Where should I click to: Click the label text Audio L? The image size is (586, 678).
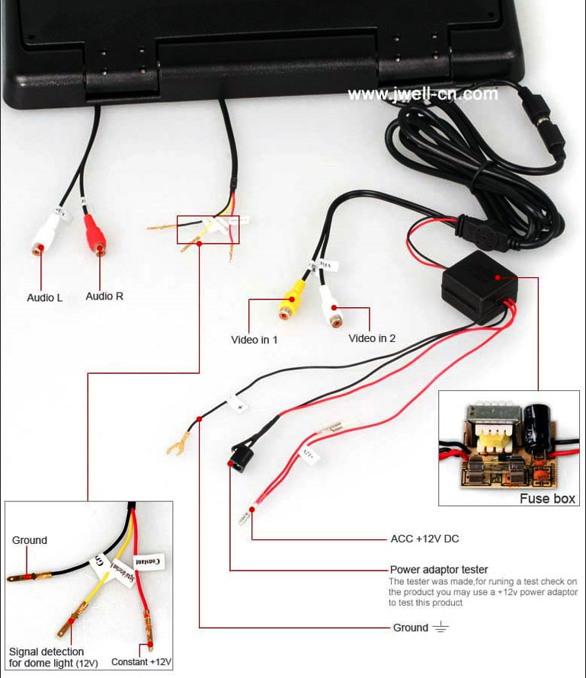point(45,298)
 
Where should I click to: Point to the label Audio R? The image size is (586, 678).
point(104,296)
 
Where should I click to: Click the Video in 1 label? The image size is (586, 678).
point(254,340)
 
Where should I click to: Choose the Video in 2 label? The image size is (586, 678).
point(372,338)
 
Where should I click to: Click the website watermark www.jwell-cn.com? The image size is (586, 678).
point(423,94)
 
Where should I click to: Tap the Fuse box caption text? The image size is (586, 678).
point(548,499)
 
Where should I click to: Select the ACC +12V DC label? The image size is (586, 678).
point(424,539)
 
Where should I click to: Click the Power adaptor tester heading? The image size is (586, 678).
point(439,569)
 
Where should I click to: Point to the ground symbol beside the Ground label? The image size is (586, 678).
point(440,627)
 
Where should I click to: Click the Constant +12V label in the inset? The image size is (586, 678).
point(142,662)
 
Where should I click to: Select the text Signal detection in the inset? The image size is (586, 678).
point(46,651)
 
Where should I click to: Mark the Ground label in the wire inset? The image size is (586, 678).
point(30,540)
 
